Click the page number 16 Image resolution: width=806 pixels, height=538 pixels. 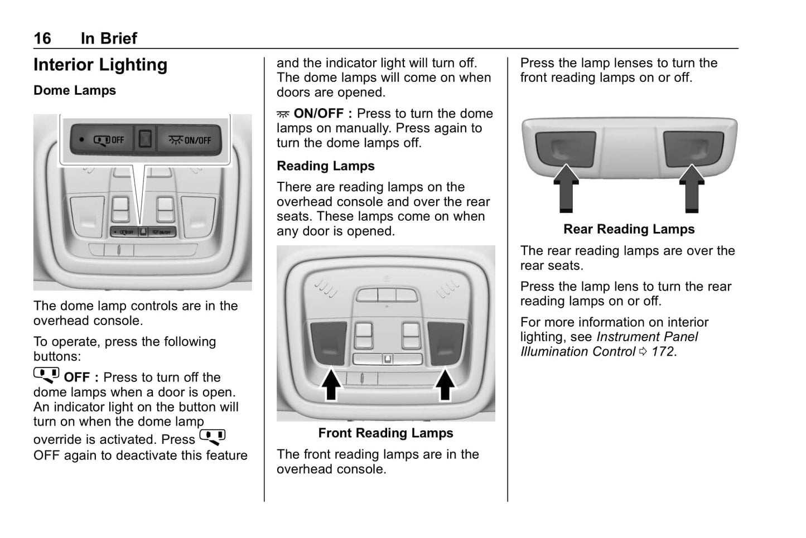click(42, 38)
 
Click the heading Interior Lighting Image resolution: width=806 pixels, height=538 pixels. click(100, 65)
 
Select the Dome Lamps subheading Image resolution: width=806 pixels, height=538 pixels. click(75, 90)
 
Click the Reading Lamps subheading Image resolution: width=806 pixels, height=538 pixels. click(325, 166)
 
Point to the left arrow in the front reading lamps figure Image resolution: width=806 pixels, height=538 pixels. click(331, 384)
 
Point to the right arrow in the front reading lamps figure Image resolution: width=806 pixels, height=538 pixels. click(445, 384)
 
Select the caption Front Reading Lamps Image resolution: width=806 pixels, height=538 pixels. click(385, 433)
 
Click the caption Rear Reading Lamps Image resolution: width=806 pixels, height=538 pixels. click(629, 229)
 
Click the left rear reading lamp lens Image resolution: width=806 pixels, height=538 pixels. click(565, 147)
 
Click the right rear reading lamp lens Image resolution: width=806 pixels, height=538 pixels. click(693, 147)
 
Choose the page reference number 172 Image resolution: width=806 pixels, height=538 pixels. click(663, 352)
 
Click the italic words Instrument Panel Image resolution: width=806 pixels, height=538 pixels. click(647, 337)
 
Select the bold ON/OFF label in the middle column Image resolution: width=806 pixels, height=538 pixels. click(318, 114)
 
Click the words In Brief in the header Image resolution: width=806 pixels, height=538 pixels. click(109, 38)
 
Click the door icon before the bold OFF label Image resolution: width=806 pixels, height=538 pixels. click(46, 376)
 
